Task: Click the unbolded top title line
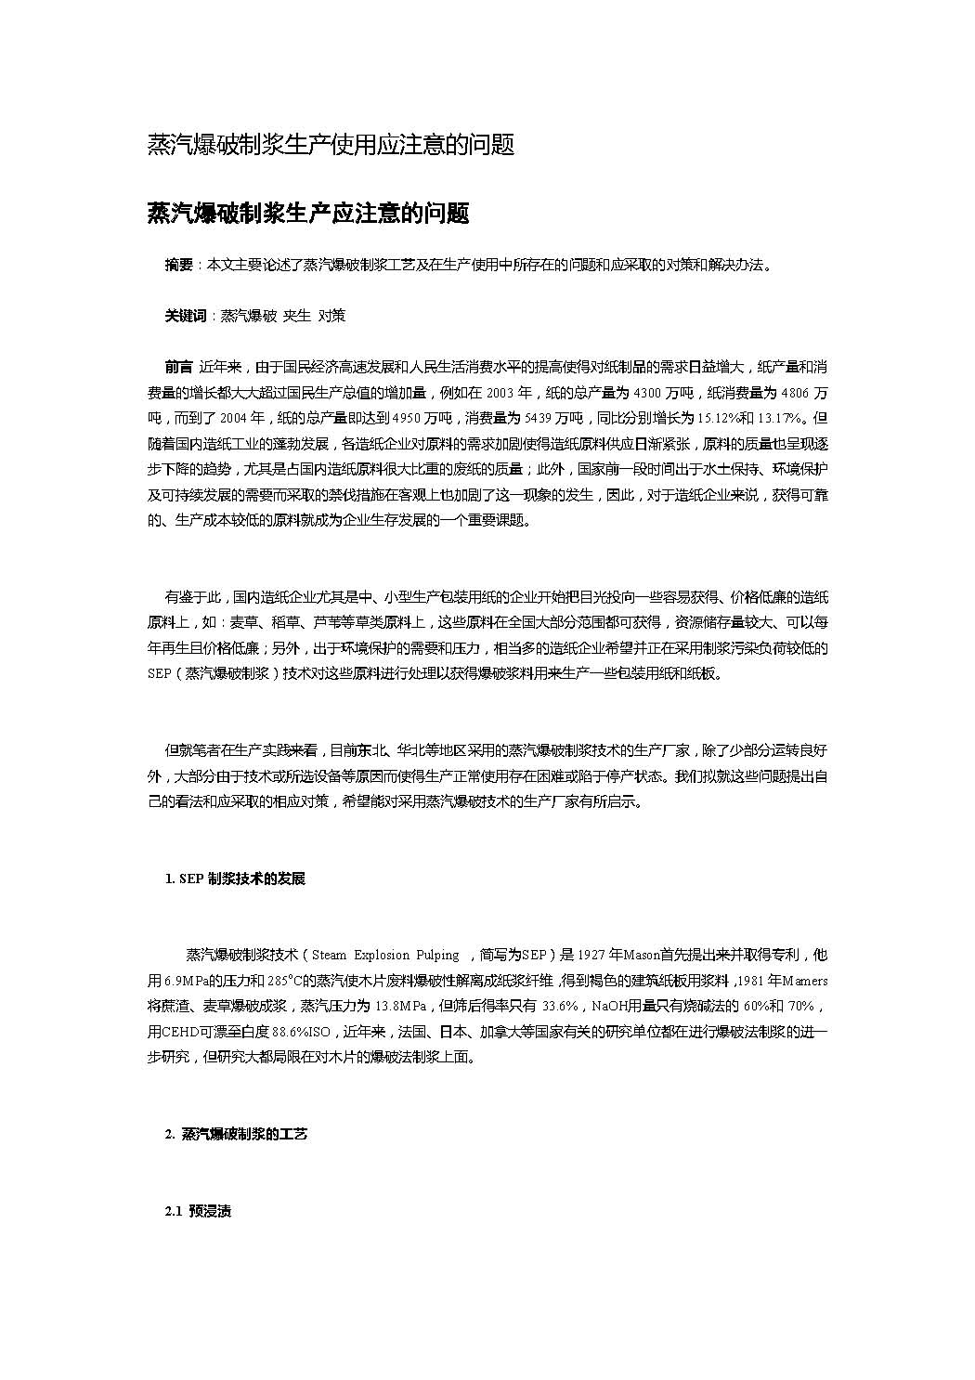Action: click(331, 145)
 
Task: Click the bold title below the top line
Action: click(308, 214)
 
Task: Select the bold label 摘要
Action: click(178, 266)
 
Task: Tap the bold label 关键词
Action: click(185, 316)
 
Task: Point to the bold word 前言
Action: click(178, 366)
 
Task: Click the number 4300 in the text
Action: click(648, 391)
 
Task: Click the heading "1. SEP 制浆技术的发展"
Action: click(235, 879)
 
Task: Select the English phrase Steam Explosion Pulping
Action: click(384, 955)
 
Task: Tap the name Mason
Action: click(640, 955)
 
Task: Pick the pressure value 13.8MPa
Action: click(399, 1007)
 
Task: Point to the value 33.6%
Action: click(561, 1007)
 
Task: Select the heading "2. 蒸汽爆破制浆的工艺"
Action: click(236, 1134)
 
